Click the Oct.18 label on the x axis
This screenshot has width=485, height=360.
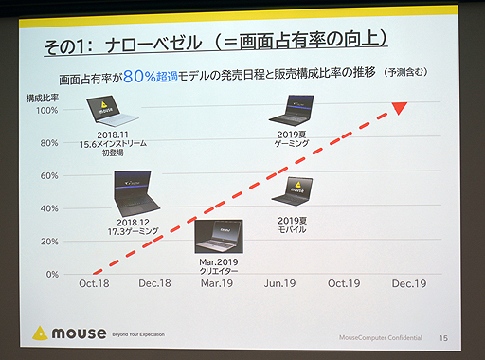[x=95, y=283]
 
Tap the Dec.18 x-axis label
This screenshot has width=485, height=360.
[x=153, y=283]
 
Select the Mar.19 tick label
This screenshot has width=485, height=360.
[x=217, y=283]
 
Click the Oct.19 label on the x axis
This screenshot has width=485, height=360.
[x=343, y=283]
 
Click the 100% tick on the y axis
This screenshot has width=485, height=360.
[x=46, y=110]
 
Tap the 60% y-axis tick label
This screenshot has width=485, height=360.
[x=49, y=175]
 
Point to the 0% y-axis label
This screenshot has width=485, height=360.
[x=52, y=275]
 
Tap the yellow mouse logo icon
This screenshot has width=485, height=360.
[x=40, y=333]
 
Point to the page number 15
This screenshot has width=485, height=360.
[x=443, y=337]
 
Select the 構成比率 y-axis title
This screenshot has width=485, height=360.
[x=41, y=97]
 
